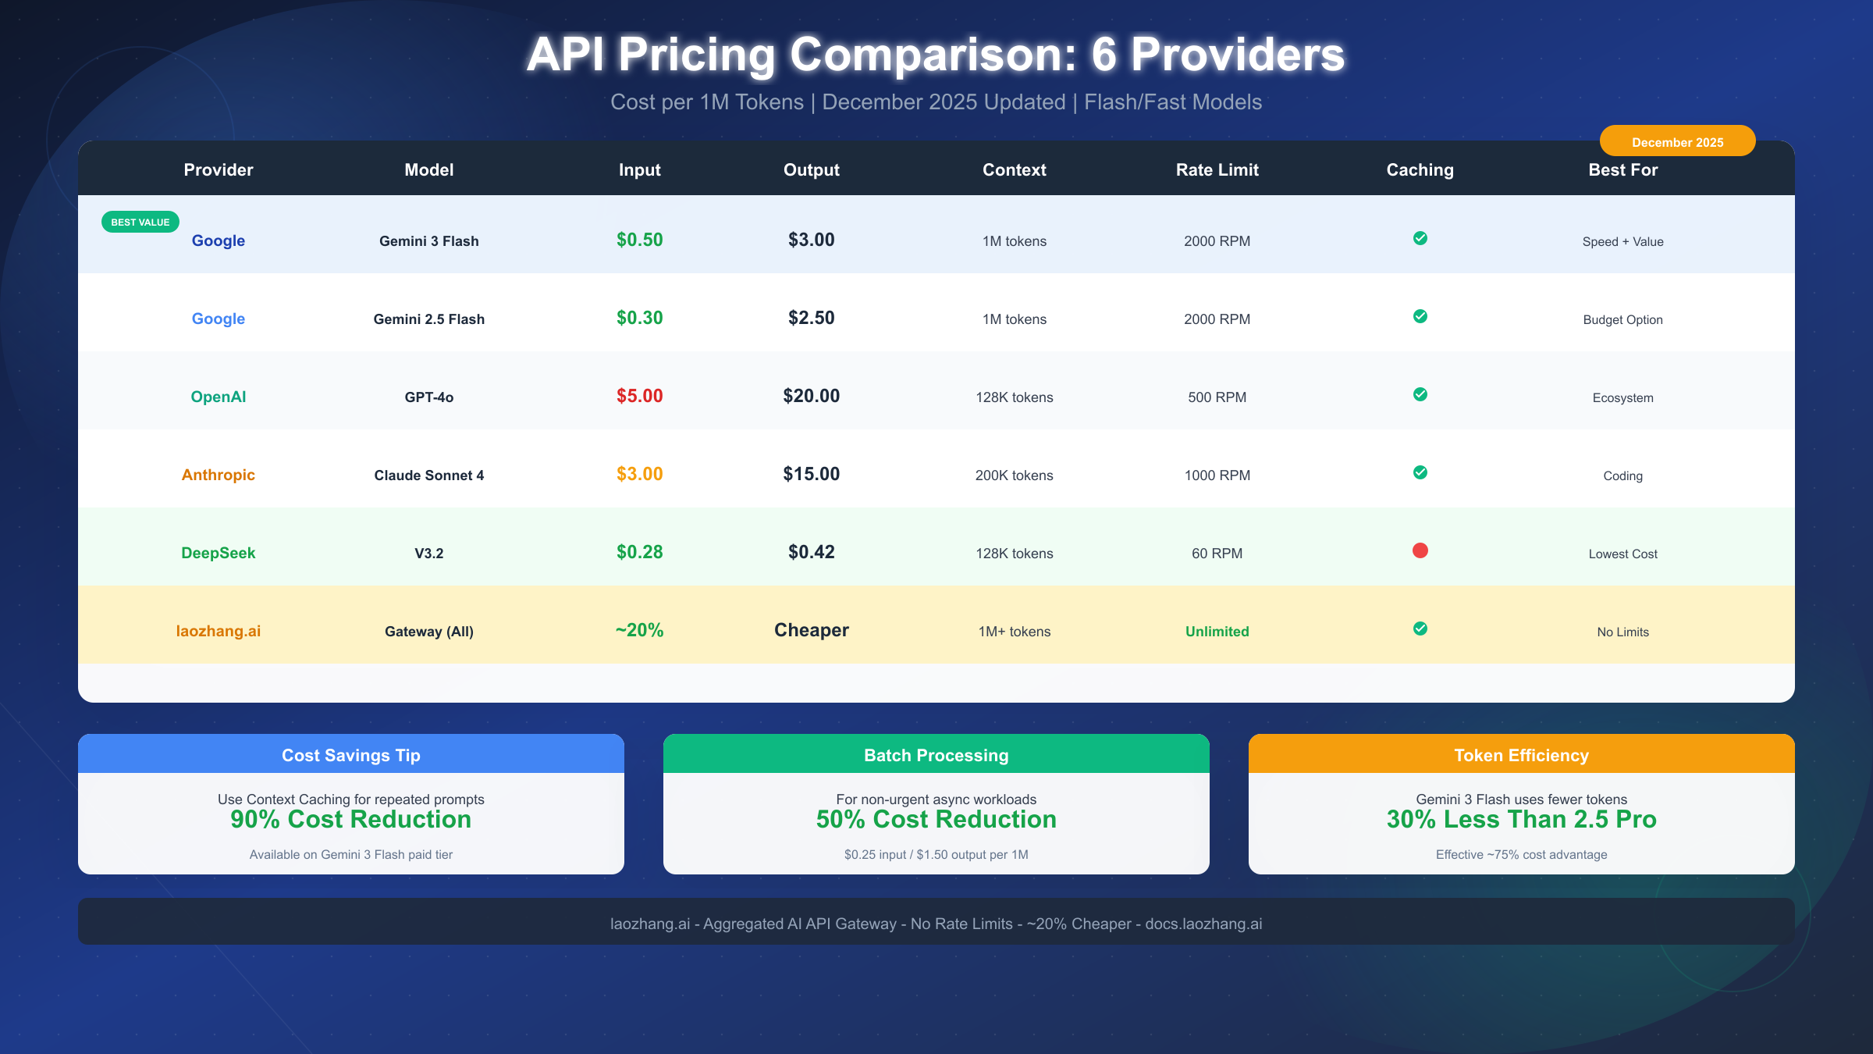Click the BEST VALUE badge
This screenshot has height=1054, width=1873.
[140, 223]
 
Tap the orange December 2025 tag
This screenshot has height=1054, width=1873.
[1677, 141]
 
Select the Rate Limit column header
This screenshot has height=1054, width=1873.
[1217, 169]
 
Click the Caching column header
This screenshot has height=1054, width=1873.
[1420, 169]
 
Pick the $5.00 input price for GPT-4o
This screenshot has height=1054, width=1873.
[639, 396]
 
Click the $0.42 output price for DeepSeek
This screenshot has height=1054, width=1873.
[811, 552]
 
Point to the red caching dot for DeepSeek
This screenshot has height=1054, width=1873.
[1420, 550]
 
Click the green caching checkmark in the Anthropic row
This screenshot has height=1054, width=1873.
[1420, 472]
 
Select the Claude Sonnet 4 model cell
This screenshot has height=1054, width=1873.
[428, 475]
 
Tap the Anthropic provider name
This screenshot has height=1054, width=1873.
[218, 475]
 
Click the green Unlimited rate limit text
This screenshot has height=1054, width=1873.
[1217, 631]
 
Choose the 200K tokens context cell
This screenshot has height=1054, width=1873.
[1014, 475]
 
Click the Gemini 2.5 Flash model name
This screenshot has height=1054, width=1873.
[428, 319]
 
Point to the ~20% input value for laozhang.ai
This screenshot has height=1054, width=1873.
[639, 630]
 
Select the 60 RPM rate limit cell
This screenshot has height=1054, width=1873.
[1217, 553]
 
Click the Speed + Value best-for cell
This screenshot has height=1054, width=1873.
[1622, 241]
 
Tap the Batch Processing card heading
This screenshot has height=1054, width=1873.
[936, 755]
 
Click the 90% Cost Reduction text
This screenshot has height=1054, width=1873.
[350, 819]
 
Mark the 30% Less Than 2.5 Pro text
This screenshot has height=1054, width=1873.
[1521, 819]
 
